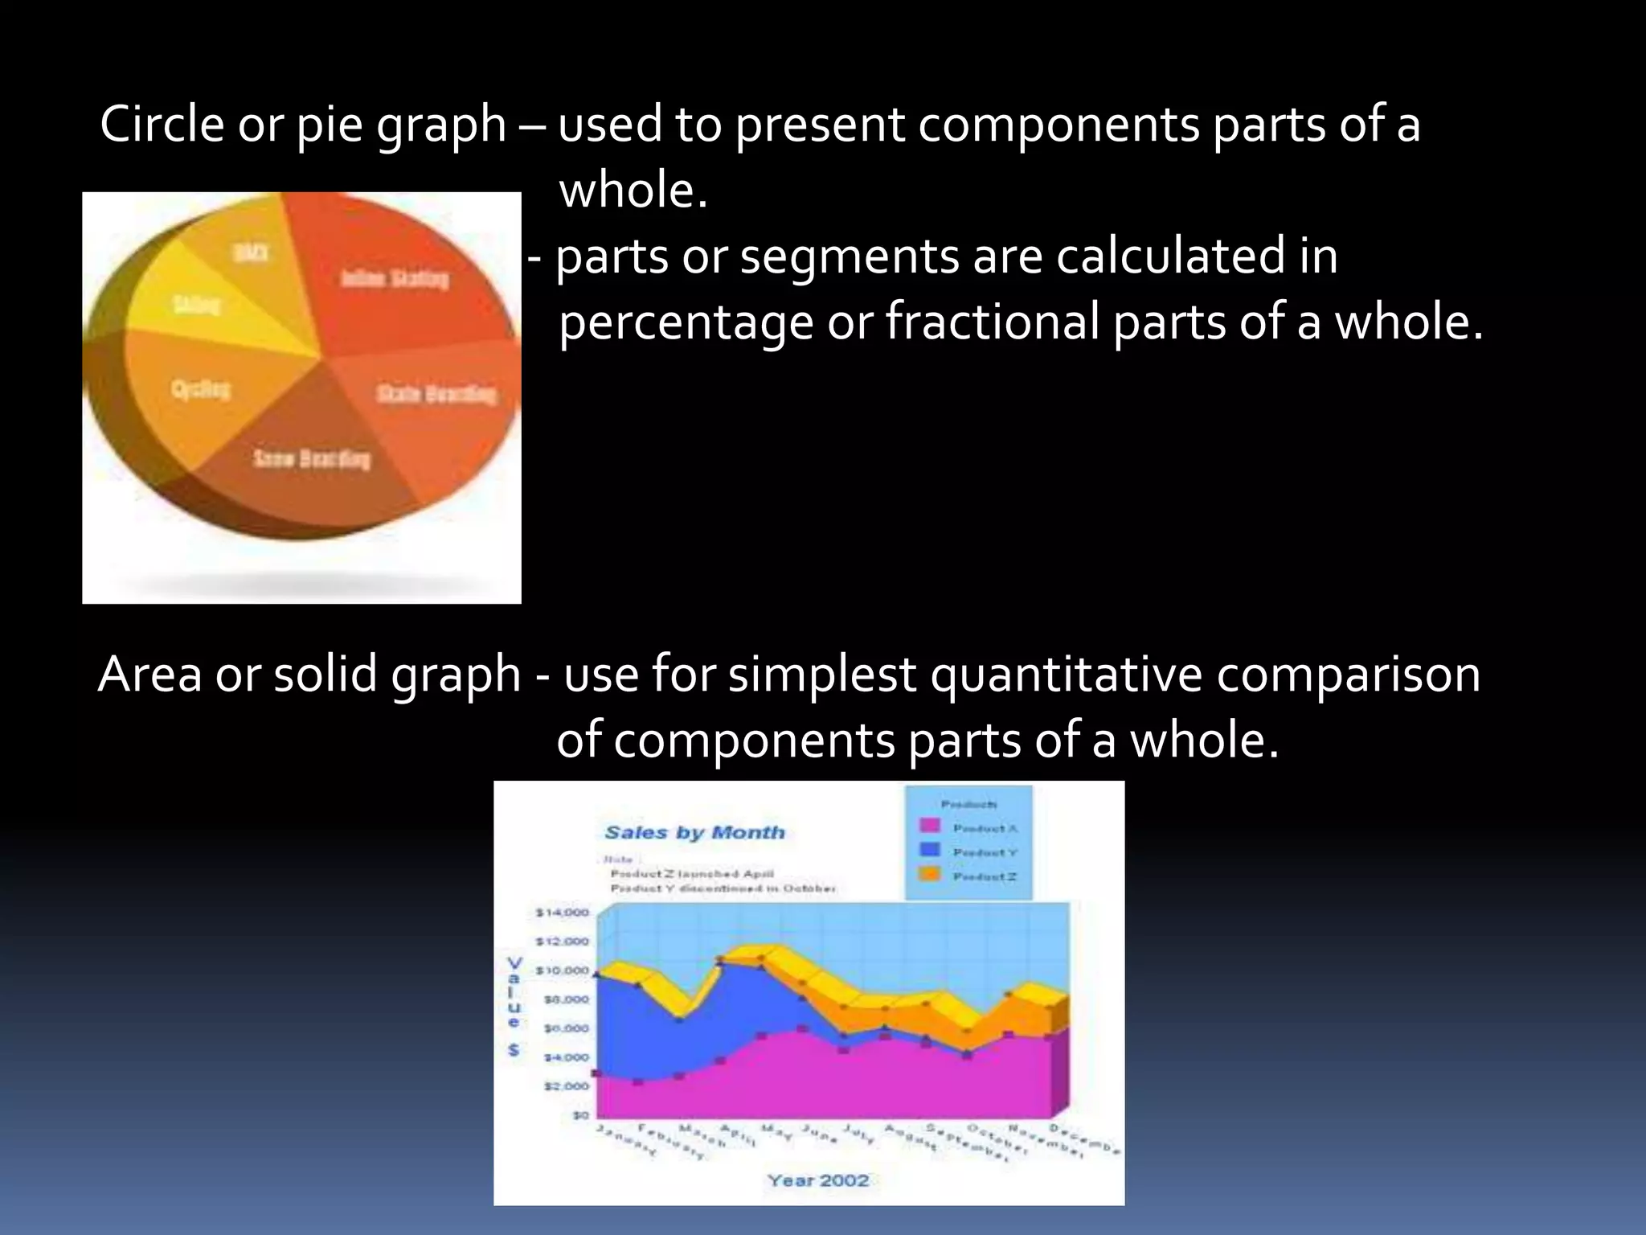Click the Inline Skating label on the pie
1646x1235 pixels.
point(395,279)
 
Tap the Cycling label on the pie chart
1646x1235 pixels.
point(201,390)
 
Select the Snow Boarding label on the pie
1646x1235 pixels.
point(312,459)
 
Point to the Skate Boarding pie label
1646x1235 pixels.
point(436,394)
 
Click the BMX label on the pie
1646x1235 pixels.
point(250,253)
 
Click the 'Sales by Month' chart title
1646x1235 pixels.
point(694,833)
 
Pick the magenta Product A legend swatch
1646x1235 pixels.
point(929,826)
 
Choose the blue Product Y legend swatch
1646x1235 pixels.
point(929,850)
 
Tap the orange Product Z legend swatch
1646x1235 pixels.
point(929,874)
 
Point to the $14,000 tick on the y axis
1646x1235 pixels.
point(563,913)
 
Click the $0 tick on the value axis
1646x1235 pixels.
point(580,1115)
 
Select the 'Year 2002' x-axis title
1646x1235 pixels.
point(817,1180)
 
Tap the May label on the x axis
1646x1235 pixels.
point(776,1133)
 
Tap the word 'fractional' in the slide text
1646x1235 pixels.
point(992,322)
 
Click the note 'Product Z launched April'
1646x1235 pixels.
point(692,873)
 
